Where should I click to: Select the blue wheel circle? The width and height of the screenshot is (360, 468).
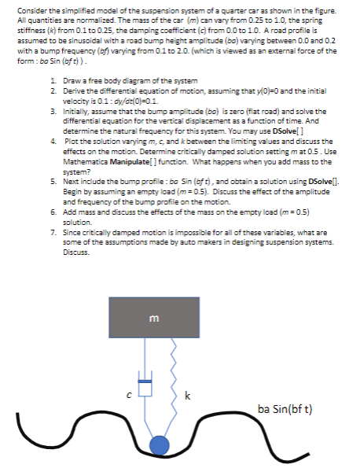[x=160, y=445]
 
